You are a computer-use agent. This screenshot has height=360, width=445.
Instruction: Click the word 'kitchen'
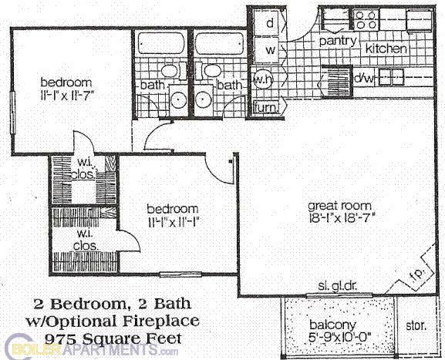point(386,49)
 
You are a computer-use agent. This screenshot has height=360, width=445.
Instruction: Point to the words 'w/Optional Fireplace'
point(113,318)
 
